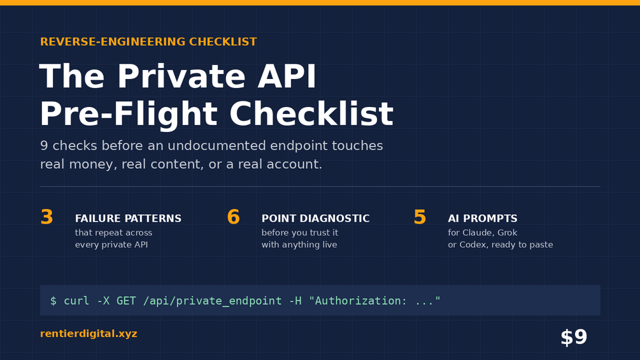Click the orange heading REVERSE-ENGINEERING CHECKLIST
(148, 41)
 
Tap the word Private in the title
(186, 76)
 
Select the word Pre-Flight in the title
(129, 114)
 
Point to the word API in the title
(287, 76)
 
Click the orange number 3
(47, 217)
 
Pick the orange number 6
(234, 217)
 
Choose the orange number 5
(420, 217)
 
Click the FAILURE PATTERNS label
(128, 219)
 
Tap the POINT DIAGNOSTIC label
(315, 219)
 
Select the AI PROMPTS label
(483, 219)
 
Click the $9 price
(574, 338)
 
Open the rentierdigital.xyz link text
(89, 333)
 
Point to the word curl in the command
(76, 301)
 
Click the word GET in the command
(126, 301)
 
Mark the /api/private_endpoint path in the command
(212, 301)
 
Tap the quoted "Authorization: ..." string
(374, 301)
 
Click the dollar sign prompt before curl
(53, 301)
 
